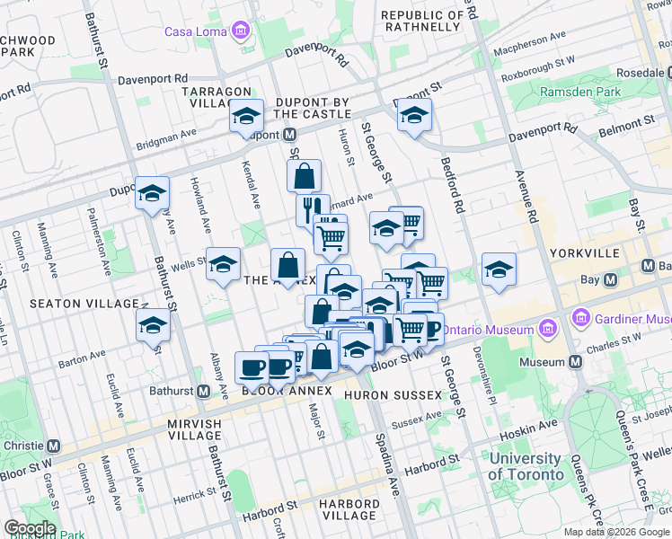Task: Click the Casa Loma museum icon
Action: (240, 32)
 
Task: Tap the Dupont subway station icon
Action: (290, 134)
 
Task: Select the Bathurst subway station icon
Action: (204, 392)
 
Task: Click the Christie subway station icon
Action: (55, 446)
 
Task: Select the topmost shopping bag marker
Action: (305, 174)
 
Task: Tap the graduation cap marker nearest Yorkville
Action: (498, 269)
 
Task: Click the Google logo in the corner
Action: (29, 528)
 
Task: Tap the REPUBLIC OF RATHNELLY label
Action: (423, 21)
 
